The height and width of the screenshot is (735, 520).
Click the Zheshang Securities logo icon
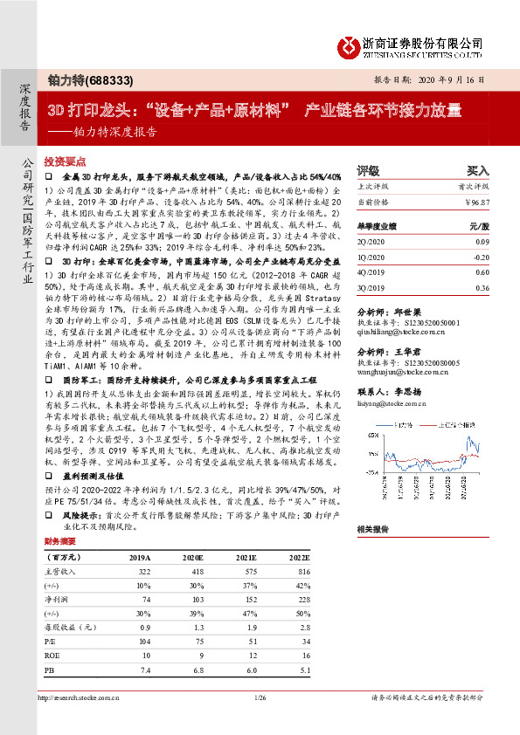coord(350,45)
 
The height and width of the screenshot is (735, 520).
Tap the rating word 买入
coord(477,170)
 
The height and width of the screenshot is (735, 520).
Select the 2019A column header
coord(140,556)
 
